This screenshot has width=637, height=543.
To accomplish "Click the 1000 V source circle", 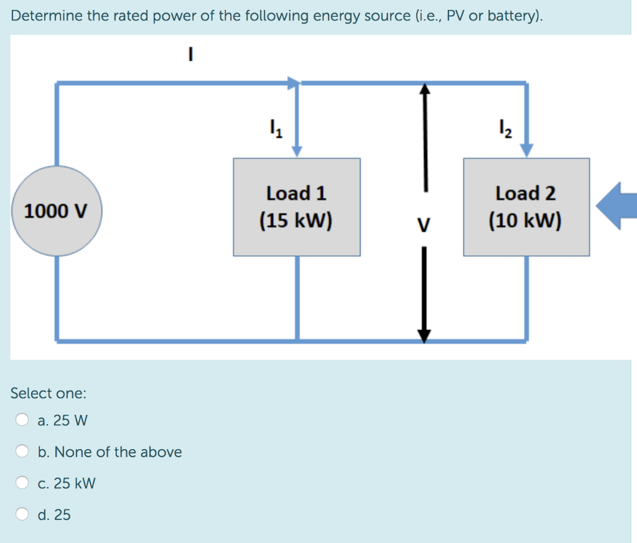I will (x=56, y=211).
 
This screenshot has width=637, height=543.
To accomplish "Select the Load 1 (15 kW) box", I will (x=297, y=207).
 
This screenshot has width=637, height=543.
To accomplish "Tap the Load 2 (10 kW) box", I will (x=526, y=207).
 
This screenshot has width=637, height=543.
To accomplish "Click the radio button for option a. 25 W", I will (x=22, y=420).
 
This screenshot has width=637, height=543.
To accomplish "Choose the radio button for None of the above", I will (x=22, y=452).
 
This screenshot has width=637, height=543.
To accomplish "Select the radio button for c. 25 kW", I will (x=22, y=483).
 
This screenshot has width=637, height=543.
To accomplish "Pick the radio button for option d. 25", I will (x=22, y=514).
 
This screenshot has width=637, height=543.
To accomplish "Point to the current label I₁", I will (x=274, y=130).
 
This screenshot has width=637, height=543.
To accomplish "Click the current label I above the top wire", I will (x=191, y=55).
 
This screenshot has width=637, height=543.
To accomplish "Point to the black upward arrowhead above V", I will (x=424, y=91).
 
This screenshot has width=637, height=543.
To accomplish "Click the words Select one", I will (x=49, y=393).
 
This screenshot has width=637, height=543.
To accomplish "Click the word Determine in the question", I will (x=46, y=16).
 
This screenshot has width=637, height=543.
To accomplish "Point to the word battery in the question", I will (x=510, y=16).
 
